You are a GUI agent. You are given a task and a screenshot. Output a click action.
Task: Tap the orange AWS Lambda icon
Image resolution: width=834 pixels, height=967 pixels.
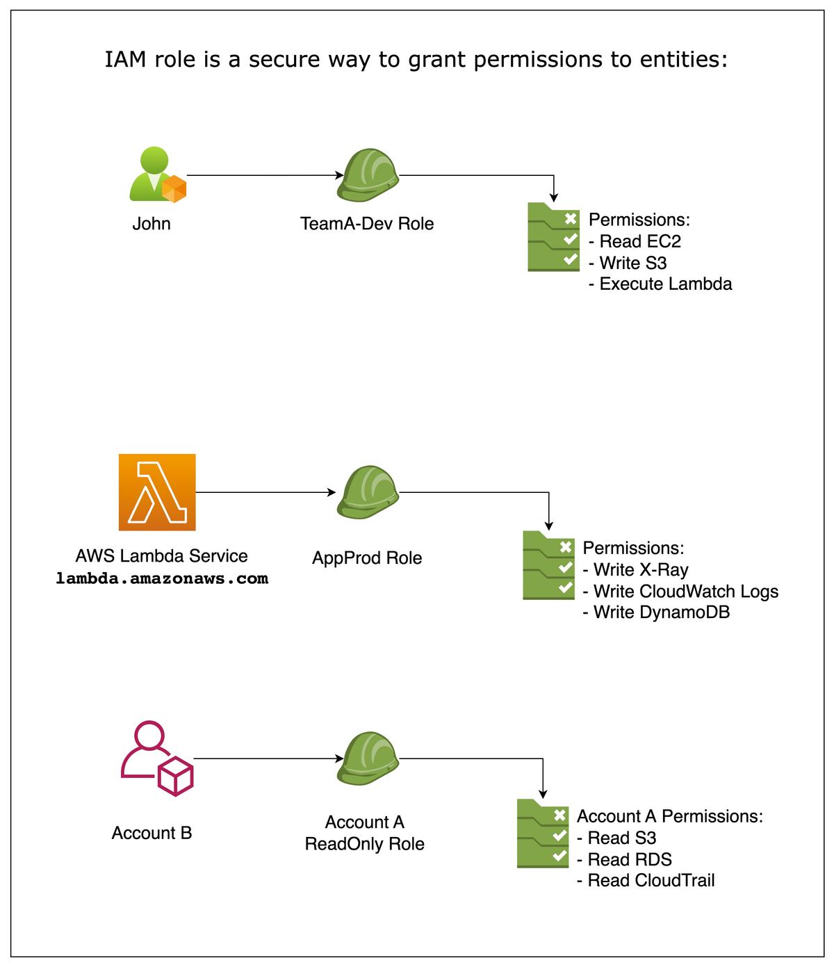coord(157,492)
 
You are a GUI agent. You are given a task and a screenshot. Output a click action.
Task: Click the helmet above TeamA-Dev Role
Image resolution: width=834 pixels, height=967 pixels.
coord(368,175)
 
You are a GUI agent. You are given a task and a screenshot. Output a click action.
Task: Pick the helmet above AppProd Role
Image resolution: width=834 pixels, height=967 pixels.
coord(368,492)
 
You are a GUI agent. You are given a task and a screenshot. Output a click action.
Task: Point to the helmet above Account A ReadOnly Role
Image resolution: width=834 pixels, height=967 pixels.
coord(368,758)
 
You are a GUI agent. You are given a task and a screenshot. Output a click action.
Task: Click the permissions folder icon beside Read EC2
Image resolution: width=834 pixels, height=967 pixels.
coord(553,237)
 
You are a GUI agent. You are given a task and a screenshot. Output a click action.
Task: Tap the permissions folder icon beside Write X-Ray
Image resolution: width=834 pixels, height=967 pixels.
coord(548,565)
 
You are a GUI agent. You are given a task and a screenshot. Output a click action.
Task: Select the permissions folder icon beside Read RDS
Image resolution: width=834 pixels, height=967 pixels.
coord(543,834)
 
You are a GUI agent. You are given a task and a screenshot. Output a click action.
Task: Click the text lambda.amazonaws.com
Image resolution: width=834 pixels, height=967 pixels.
coord(162,578)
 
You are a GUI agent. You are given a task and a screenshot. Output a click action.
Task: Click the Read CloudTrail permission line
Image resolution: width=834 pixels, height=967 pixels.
coord(646,881)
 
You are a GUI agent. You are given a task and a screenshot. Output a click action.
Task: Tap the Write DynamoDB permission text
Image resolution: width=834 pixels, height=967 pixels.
coord(656,612)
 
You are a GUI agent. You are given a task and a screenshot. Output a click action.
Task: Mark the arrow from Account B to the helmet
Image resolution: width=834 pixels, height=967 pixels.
coord(268,758)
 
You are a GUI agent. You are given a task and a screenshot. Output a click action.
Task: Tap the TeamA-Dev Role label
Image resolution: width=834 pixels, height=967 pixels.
coord(367,224)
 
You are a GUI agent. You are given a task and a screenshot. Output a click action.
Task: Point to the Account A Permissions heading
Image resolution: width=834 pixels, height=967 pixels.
coord(669,816)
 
